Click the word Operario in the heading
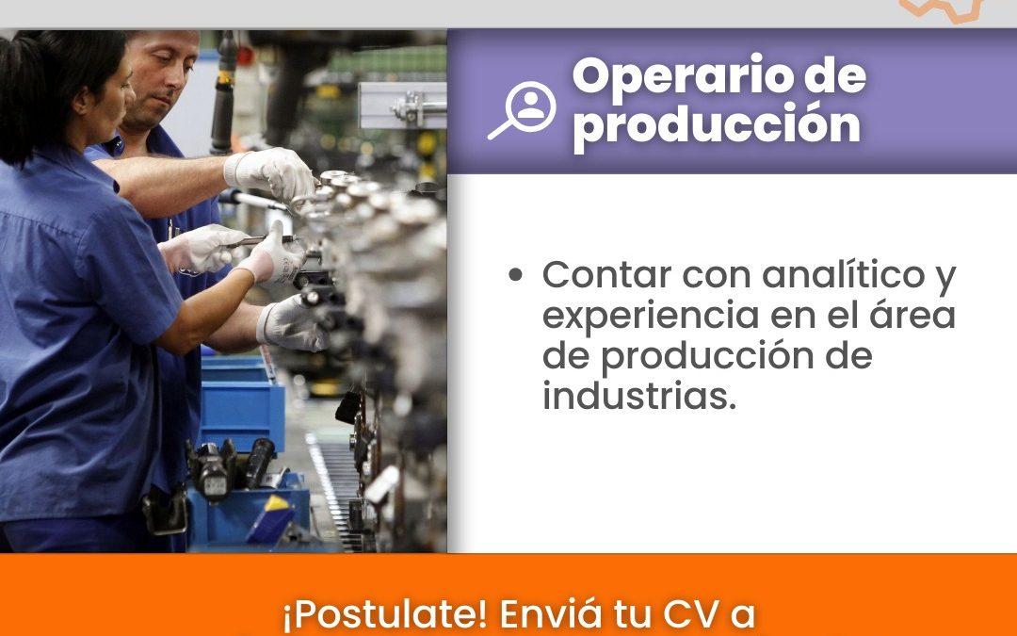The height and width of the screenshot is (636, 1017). [x=683, y=76]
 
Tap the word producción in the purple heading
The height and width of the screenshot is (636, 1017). [x=717, y=125]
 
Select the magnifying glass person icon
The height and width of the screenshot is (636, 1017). [x=523, y=109]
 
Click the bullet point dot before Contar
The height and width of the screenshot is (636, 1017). [x=516, y=274]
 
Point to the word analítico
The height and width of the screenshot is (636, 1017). [x=843, y=274]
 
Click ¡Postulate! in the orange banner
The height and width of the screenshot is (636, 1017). [x=384, y=614]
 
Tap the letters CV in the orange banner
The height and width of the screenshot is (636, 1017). [x=690, y=613]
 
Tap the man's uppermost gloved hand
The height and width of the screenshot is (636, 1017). [x=270, y=173]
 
